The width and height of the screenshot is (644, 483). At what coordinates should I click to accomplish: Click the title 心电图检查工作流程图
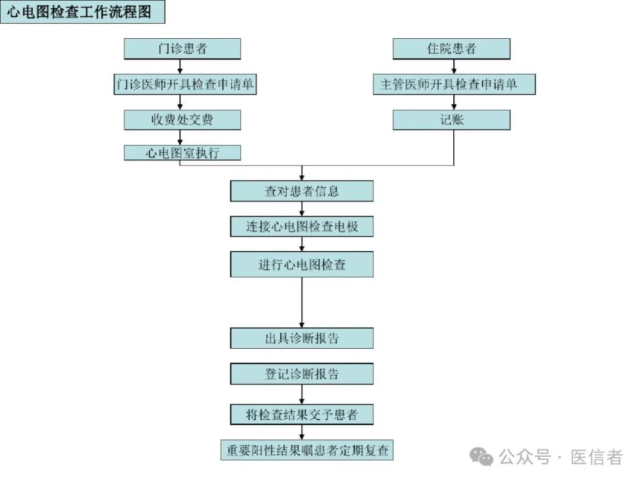pos(82,13)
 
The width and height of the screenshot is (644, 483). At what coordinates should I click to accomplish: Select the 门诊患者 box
pos(182,49)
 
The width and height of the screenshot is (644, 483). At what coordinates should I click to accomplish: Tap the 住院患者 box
pos(451,49)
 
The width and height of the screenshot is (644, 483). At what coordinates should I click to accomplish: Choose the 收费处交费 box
pos(182,120)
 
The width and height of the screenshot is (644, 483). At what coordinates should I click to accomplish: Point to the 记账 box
pos(451,120)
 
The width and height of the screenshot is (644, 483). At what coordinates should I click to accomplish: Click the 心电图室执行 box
pos(182,153)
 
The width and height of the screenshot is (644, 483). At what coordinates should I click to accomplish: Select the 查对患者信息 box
pos(302,191)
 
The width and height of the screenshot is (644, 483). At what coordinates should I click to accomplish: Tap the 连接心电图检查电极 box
pos(302,227)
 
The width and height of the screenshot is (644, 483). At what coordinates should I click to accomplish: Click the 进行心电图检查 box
pos(302,264)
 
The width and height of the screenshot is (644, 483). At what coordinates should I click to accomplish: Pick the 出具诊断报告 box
pos(302,338)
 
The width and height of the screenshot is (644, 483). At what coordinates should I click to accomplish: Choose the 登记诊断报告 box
pos(302,374)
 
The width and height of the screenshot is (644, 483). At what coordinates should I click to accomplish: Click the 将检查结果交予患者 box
pos(302,414)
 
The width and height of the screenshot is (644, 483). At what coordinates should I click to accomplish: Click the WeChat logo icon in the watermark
pos(482,457)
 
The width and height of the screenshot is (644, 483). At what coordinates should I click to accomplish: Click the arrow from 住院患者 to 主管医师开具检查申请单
pos(451,66)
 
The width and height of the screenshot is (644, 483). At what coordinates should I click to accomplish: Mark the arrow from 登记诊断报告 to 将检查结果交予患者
pos(302,394)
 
